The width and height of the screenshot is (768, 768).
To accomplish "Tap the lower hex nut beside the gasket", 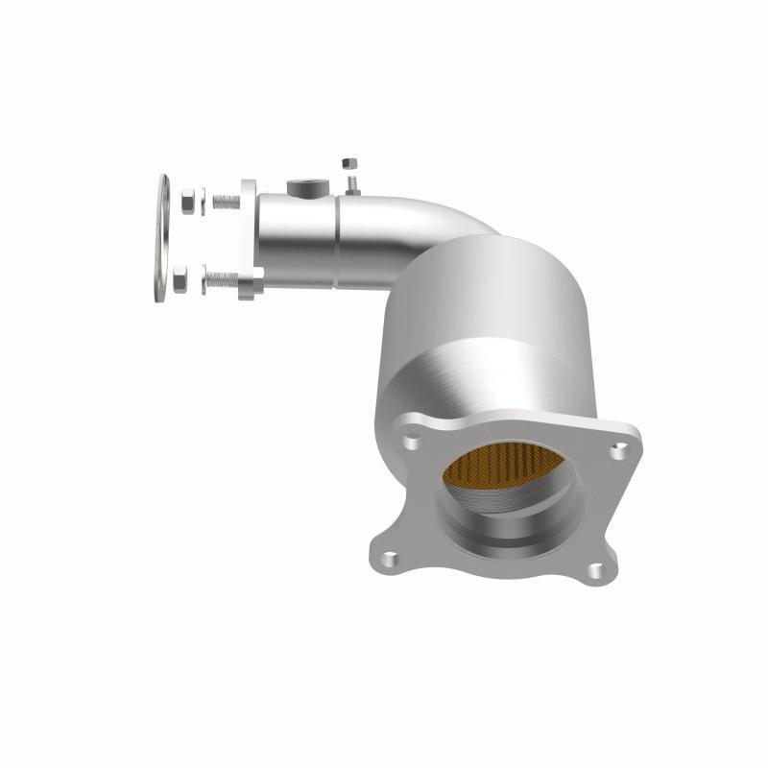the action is tap(187, 282).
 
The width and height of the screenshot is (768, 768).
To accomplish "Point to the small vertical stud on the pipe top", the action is tap(352, 182).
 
